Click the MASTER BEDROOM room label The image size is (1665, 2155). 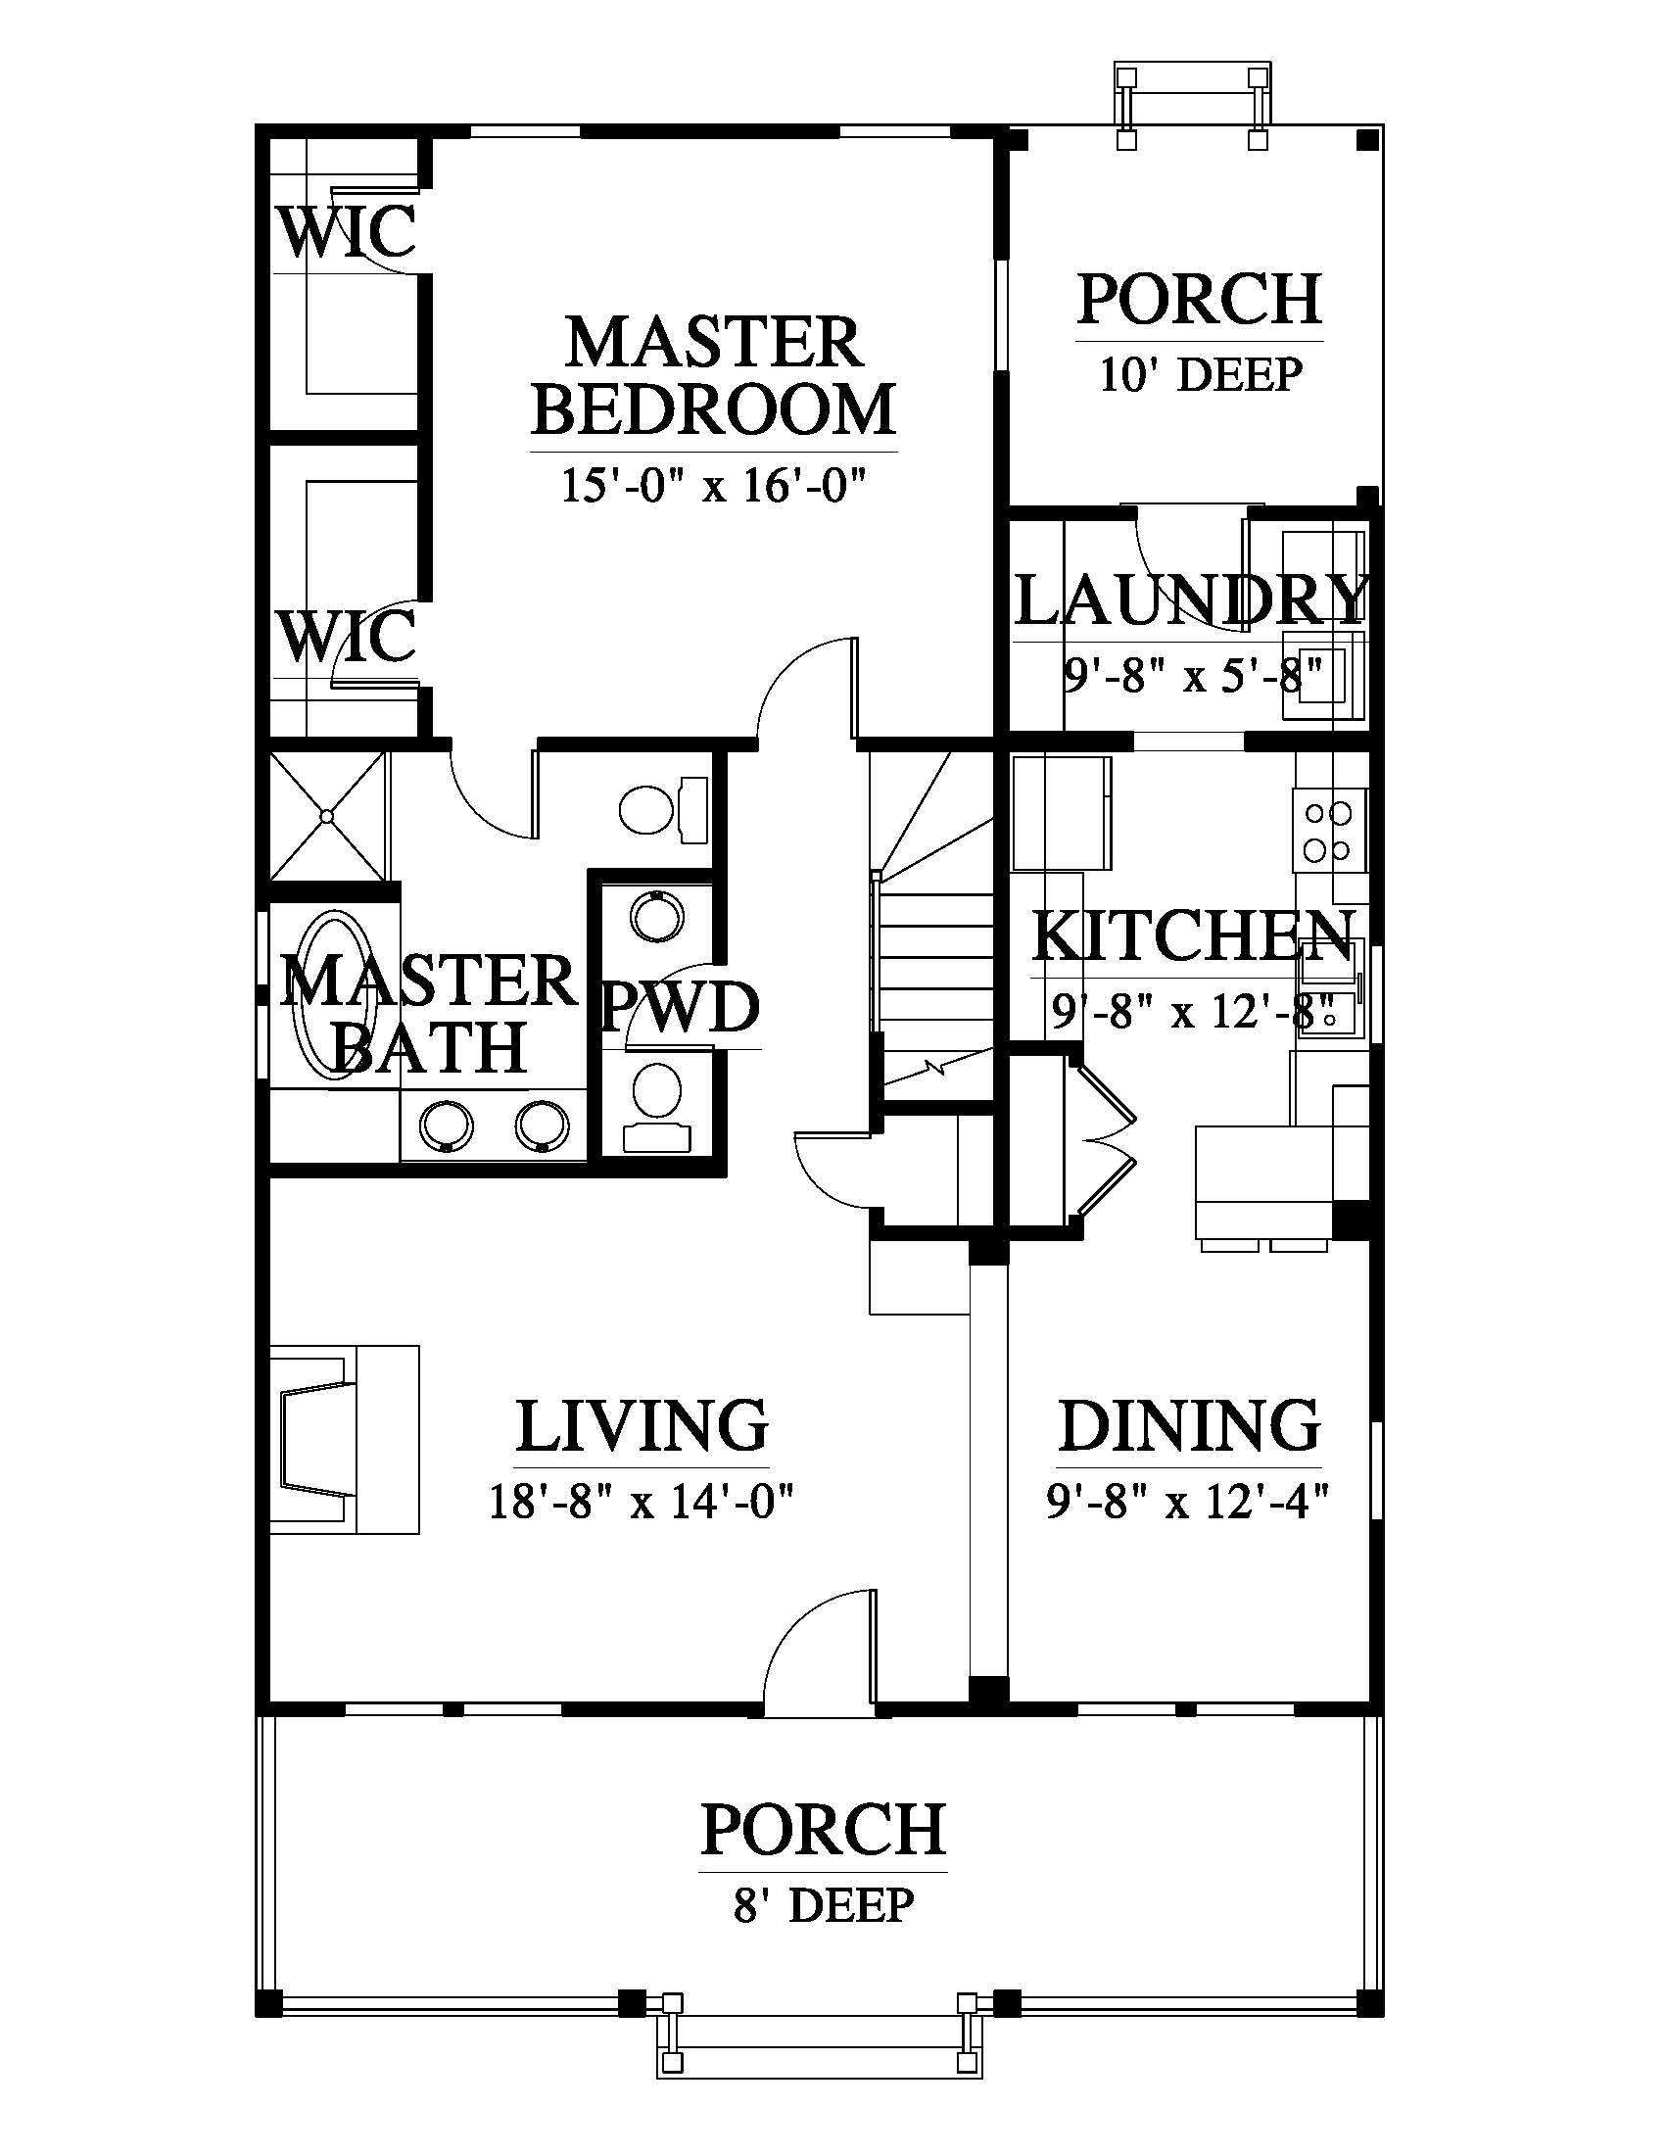click(713, 376)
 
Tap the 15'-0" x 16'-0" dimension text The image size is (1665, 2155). click(713, 487)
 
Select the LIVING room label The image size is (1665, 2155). click(642, 1425)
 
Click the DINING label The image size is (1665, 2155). click(1190, 1425)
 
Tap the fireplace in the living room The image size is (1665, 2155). click(345, 1440)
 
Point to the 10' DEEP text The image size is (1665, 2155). click(1201, 375)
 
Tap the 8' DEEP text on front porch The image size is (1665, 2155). click(824, 1904)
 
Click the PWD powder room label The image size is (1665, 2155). click(681, 1007)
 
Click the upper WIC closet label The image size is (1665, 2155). click(344, 231)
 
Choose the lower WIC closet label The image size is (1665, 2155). click(344, 636)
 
